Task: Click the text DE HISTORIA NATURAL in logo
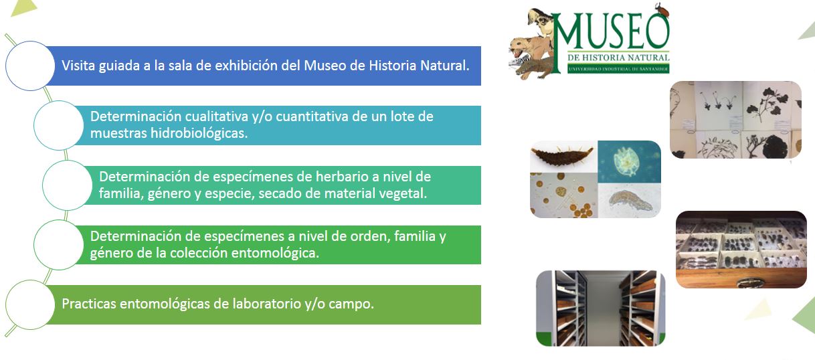tap(618, 58)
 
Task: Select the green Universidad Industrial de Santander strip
tap(618, 69)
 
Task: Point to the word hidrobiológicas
tap(199, 134)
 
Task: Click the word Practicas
tap(89, 304)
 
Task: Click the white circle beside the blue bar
tap(30, 66)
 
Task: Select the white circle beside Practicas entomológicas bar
tap(30, 304)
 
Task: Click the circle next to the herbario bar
tap(68, 185)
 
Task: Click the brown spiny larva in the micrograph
tap(562, 156)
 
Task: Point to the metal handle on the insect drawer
tap(749, 282)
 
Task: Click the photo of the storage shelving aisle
tap(601, 308)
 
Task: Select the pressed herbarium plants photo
tap(735, 120)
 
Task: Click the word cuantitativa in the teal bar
tap(310, 116)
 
